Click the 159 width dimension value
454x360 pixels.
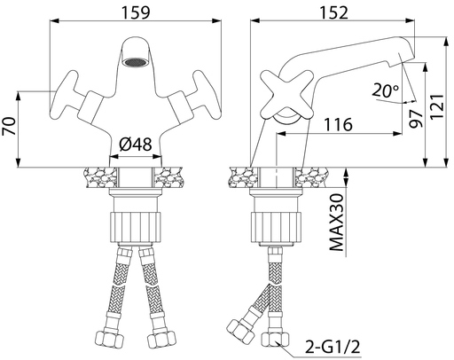136,12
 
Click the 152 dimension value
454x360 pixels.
334,12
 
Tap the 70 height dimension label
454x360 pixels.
9,126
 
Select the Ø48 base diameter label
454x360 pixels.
136,145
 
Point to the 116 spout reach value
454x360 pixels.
339,124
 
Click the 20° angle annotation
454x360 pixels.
385,90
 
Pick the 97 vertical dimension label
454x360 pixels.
416,118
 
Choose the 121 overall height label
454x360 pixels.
437,106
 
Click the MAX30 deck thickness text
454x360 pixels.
336,223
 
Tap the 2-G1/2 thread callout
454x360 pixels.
333,347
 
